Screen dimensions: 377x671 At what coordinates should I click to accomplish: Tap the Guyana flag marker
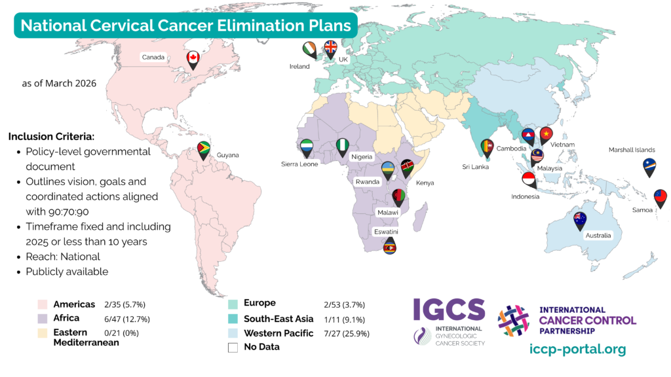click(204, 149)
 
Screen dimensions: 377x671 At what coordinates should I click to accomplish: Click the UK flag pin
click(330, 49)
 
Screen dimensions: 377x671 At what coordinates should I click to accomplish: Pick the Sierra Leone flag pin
click(307, 147)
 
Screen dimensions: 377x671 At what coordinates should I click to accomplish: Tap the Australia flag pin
click(580, 220)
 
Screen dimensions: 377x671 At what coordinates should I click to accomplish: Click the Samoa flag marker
click(661, 197)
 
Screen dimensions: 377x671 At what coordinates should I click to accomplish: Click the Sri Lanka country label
click(475, 166)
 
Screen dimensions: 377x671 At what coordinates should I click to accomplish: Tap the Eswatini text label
click(387, 232)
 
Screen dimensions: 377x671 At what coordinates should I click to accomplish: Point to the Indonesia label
click(526, 196)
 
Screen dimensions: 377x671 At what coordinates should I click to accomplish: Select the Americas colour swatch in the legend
click(43, 304)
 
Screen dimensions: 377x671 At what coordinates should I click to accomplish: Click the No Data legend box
click(233, 348)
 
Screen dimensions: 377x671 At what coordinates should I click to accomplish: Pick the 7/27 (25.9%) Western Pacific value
click(344, 334)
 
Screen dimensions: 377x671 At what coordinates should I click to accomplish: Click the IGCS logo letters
click(449, 310)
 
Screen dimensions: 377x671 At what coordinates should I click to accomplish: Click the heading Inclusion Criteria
click(52, 137)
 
